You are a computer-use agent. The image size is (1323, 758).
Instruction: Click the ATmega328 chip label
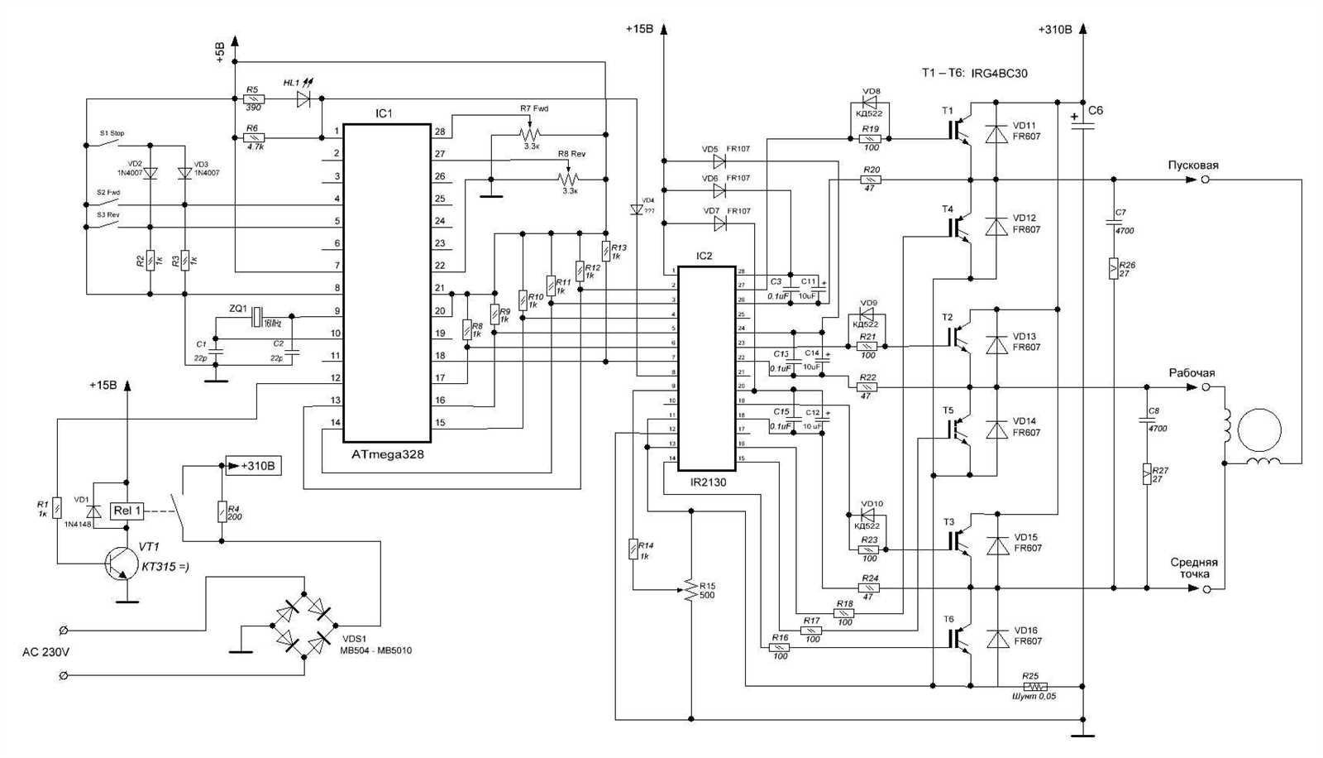(387, 454)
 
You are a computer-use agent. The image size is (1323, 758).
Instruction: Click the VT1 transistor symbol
(118, 563)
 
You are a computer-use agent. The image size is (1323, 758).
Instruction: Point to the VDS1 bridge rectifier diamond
(304, 625)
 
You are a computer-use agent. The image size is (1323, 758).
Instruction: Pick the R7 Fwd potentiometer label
(533, 108)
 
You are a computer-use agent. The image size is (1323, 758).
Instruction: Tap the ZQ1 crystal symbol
(257, 316)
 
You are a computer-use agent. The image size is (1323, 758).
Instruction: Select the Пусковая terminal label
(1192, 166)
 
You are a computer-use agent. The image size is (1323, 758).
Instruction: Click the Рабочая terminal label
(1192, 373)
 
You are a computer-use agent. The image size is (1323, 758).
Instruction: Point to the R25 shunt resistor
(1034, 686)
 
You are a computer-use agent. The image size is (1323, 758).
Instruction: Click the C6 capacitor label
(1096, 110)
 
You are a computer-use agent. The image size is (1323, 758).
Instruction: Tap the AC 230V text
(45, 651)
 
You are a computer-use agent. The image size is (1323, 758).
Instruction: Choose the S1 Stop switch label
(112, 132)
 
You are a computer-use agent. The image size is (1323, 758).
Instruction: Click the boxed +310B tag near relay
(253, 466)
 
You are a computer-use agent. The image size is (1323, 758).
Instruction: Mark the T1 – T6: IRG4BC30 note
(975, 73)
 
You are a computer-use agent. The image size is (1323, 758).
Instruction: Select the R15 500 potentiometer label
(707, 590)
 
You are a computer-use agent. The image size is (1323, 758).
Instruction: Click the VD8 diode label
(871, 91)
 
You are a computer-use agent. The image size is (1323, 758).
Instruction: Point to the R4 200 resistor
(222, 511)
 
